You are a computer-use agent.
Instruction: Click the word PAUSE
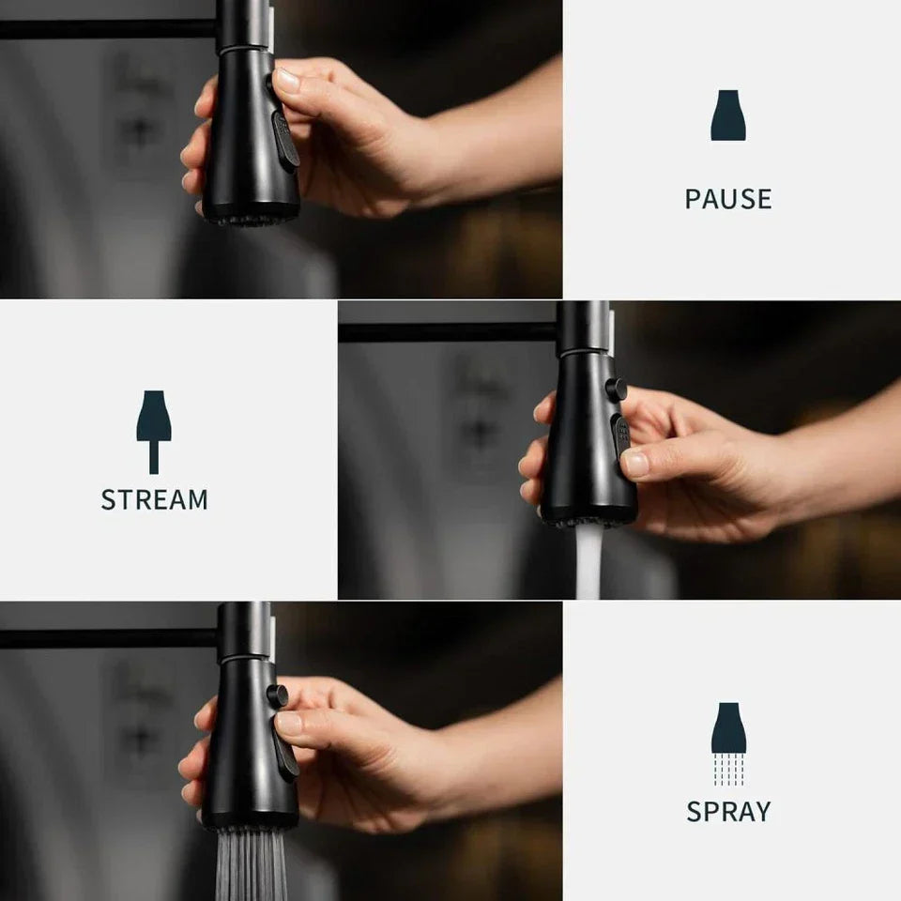tap(728, 199)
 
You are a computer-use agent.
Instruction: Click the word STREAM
tap(154, 499)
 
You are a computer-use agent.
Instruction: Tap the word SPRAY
tap(728, 811)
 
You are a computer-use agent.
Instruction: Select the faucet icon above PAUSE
tap(728, 115)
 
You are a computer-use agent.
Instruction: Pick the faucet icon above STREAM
tap(153, 432)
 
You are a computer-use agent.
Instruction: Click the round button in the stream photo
tap(616, 389)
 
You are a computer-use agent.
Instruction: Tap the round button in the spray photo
tap(278, 695)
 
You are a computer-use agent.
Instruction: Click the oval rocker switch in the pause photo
tap(285, 142)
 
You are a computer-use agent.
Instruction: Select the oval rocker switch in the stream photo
tap(621, 436)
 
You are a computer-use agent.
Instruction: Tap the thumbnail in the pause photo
tap(287, 79)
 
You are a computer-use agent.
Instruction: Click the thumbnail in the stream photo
tap(635, 463)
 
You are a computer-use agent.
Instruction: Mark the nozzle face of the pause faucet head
tap(252, 216)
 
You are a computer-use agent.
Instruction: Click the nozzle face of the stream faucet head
tap(589, 517)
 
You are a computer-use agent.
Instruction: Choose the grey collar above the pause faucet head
tap(245, 26)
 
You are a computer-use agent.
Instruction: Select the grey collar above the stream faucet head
tap(585, 328)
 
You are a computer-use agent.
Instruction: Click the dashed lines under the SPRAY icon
tap(728, 770)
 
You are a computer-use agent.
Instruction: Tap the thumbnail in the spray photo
tap(288, 723)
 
